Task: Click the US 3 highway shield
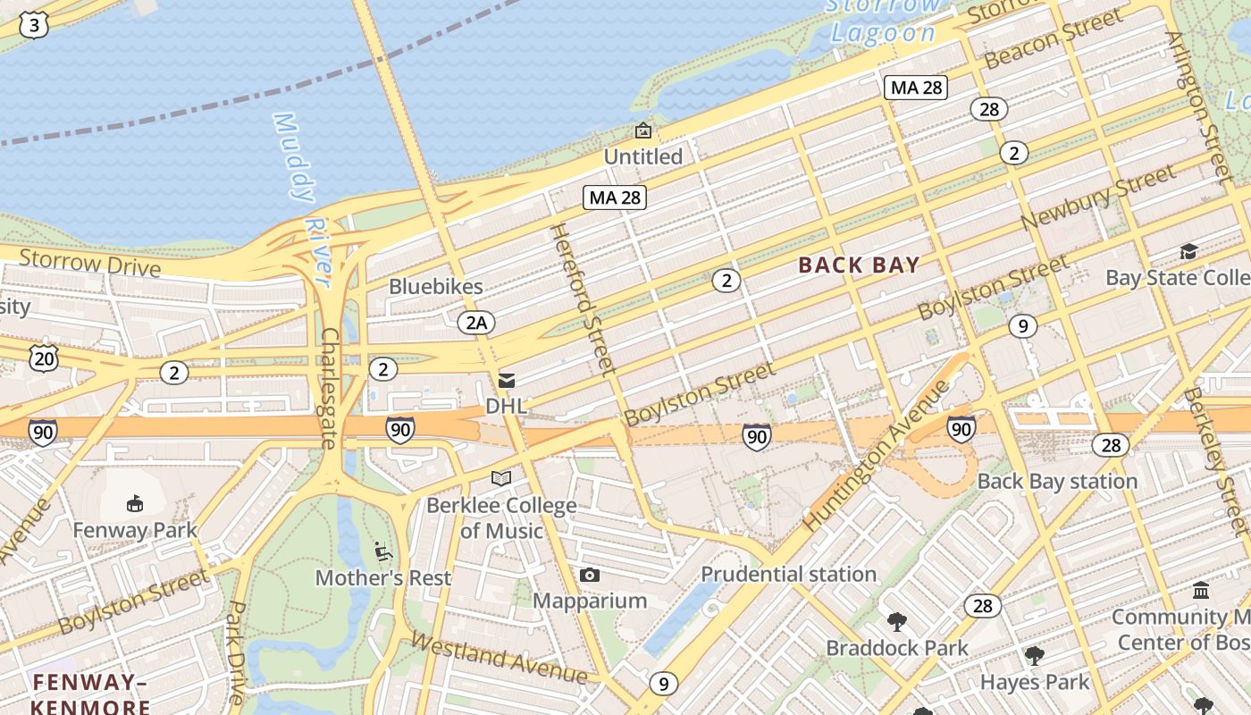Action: pos(34,25)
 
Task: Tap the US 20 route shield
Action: pos(43,357)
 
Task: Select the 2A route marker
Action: pos(476,323)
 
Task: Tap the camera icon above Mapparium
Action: pos(589,575)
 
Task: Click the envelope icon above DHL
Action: pos(507,381)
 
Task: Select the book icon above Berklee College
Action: pos(501,479)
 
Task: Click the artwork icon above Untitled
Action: pos(642,131)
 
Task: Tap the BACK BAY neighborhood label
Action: pos(859,265)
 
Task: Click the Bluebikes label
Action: pos(436,287)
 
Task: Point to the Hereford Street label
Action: pos(583,298)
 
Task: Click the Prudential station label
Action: pos(788,574)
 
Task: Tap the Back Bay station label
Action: pos(1057,481)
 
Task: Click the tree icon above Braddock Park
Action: pos(896,621)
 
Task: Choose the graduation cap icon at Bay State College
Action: pos(1188,252)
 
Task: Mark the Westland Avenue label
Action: pos(498,658)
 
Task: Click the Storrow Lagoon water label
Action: pos(883,20)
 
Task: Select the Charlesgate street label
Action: pos(329,387)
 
